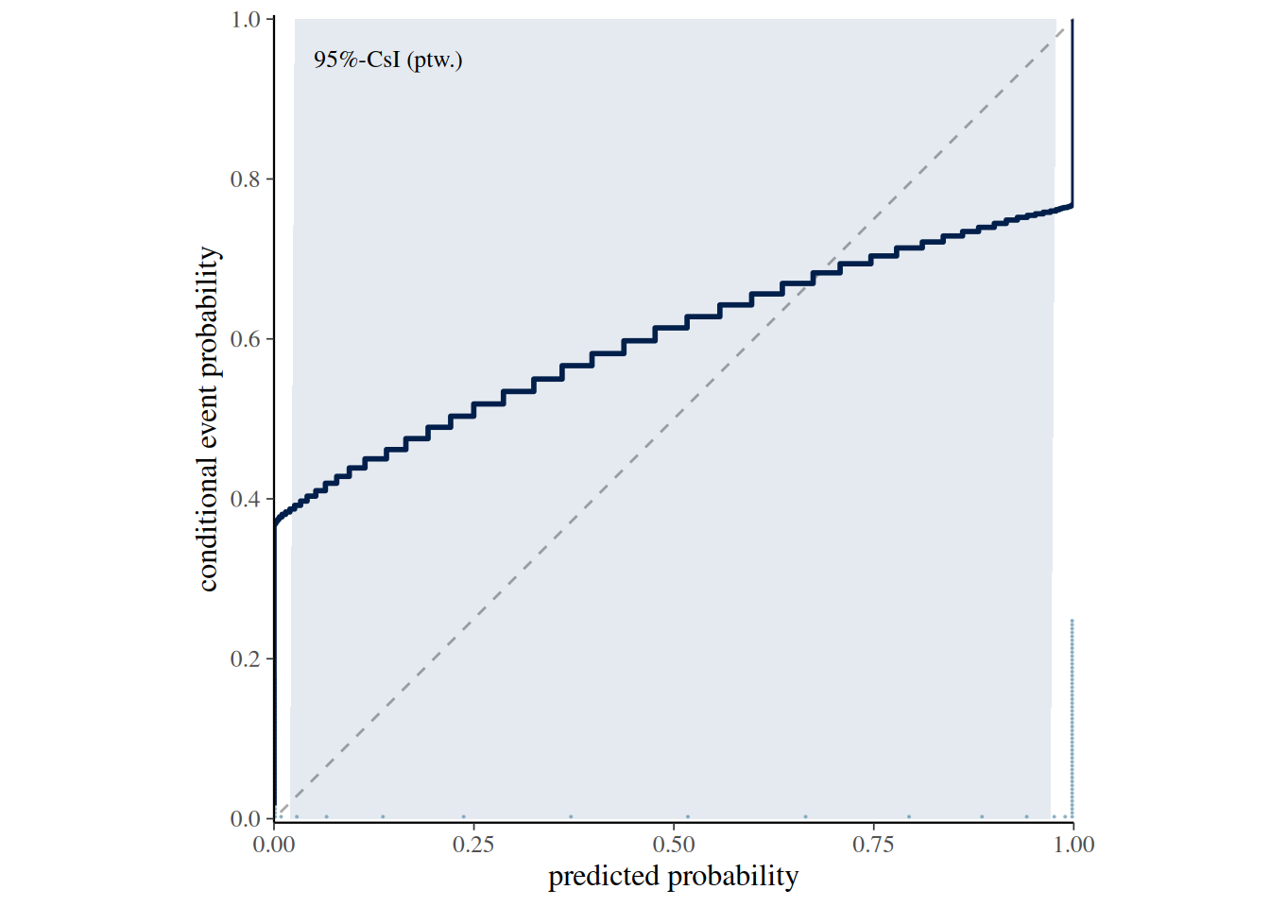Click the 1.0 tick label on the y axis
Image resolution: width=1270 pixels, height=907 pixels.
point(245,20)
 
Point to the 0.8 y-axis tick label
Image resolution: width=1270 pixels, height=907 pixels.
point(245,180)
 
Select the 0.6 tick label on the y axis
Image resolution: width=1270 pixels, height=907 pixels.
point(245,339)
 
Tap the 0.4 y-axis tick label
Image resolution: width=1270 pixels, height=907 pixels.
point(245,500)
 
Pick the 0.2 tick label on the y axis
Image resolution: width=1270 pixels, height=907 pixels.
point(245,659)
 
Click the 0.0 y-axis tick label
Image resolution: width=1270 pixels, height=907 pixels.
point(245,819)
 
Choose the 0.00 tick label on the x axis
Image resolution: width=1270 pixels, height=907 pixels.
point(274,846)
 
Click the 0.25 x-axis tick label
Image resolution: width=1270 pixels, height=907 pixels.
point(473,846)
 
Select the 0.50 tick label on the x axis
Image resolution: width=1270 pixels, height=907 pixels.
point(674,846)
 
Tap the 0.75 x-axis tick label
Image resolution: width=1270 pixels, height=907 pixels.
point(873,846)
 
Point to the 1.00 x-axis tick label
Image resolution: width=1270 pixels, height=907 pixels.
point(1073,846)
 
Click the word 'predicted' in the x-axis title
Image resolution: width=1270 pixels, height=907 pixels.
point(604,877)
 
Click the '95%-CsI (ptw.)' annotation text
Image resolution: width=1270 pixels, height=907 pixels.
point(387,60)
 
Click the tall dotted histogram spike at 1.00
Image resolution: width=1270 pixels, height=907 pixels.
point(1073,719)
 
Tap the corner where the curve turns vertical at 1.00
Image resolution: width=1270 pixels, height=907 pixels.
point(1073,205)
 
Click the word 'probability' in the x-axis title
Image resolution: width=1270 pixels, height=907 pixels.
point(733,877)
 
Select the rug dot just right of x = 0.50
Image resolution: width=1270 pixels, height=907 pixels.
point(688,817)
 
